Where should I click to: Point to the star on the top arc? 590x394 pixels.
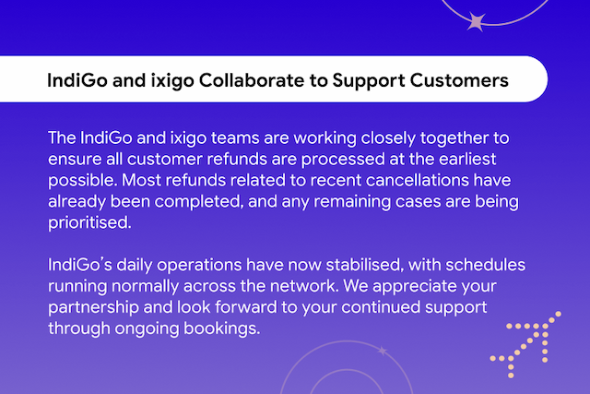pos(477,21)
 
